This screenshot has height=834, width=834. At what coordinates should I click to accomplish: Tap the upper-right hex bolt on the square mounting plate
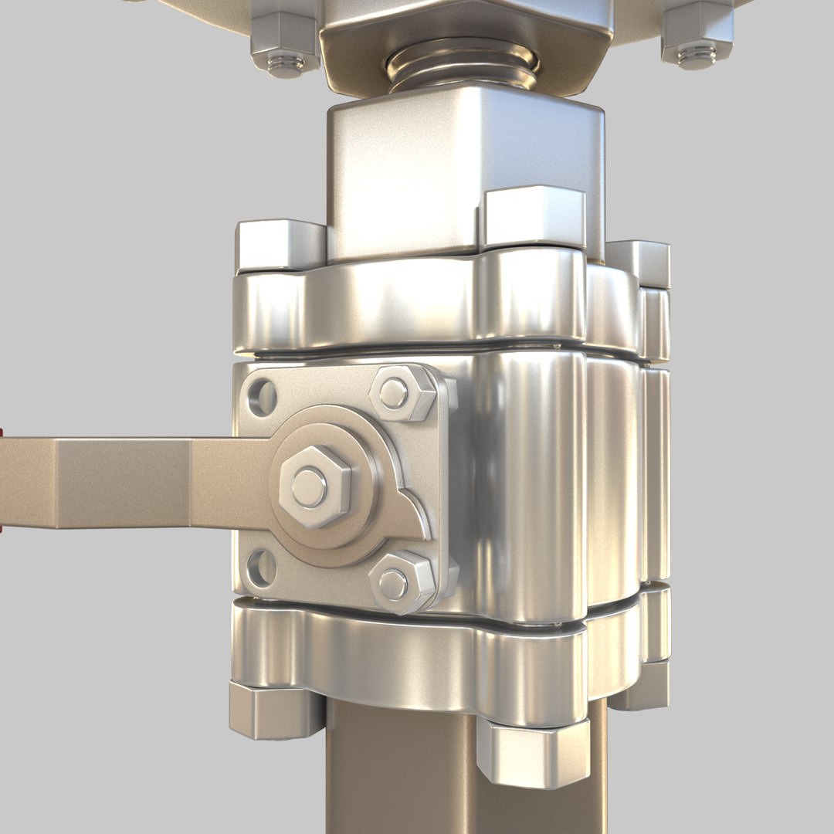(402, 394)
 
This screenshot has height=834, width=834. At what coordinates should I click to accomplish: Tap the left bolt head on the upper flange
(280, 246)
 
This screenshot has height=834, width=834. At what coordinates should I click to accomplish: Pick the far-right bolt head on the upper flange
(639, 263)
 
